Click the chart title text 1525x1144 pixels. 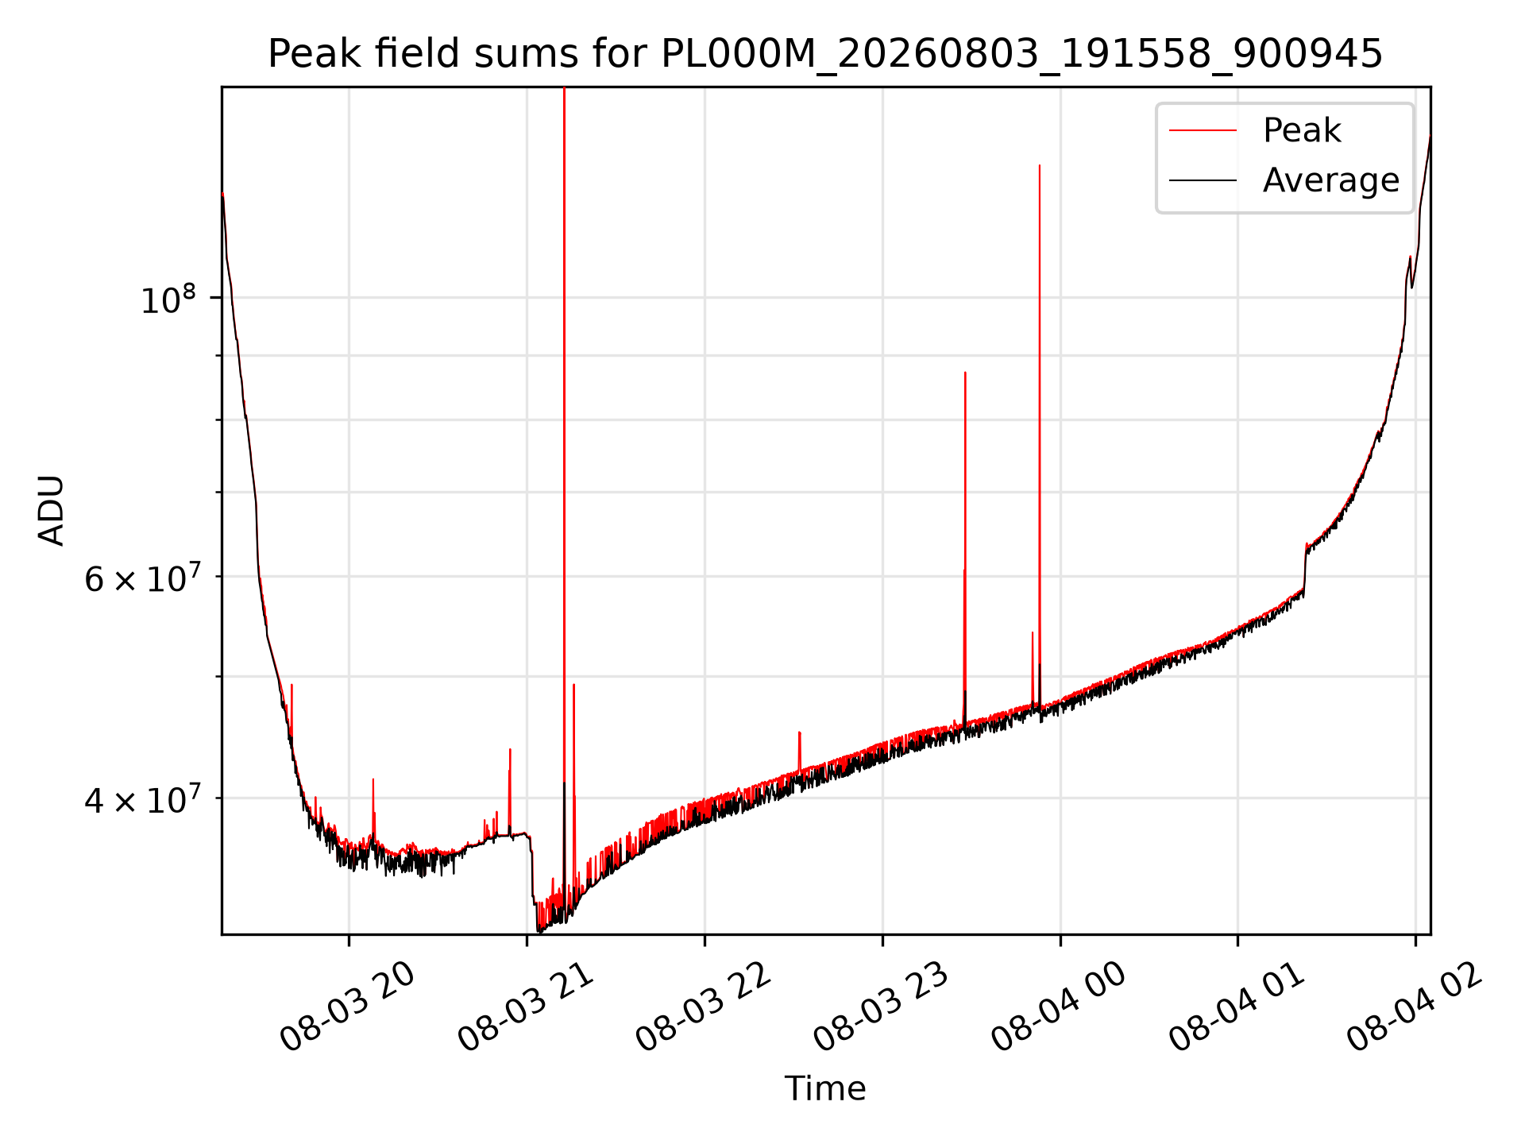[x=825, y=54]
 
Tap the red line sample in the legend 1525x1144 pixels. [x=1203, y=130]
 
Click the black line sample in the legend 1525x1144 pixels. [x=1203, y=180]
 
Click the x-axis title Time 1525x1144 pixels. [x=825, y=1088]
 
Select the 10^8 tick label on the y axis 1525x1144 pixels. [x=168, y=300]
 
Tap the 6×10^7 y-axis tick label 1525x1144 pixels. [x=140, y=578]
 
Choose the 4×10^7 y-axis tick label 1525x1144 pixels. [x=140, y=800]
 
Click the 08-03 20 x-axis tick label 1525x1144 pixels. [x=348, y=1007]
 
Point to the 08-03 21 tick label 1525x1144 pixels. [x=526, y=1007]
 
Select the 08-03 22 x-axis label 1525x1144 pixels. [x=704, y=1007]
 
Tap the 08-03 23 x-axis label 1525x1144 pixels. [x=882, y=1007]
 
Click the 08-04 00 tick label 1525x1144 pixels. [x=1060, y=1007]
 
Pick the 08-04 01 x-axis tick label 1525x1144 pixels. [x=1237, y=1007]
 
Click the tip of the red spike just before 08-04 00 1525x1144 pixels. [x=1040, y=165]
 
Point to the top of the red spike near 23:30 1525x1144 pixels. [x=965, y=372]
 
